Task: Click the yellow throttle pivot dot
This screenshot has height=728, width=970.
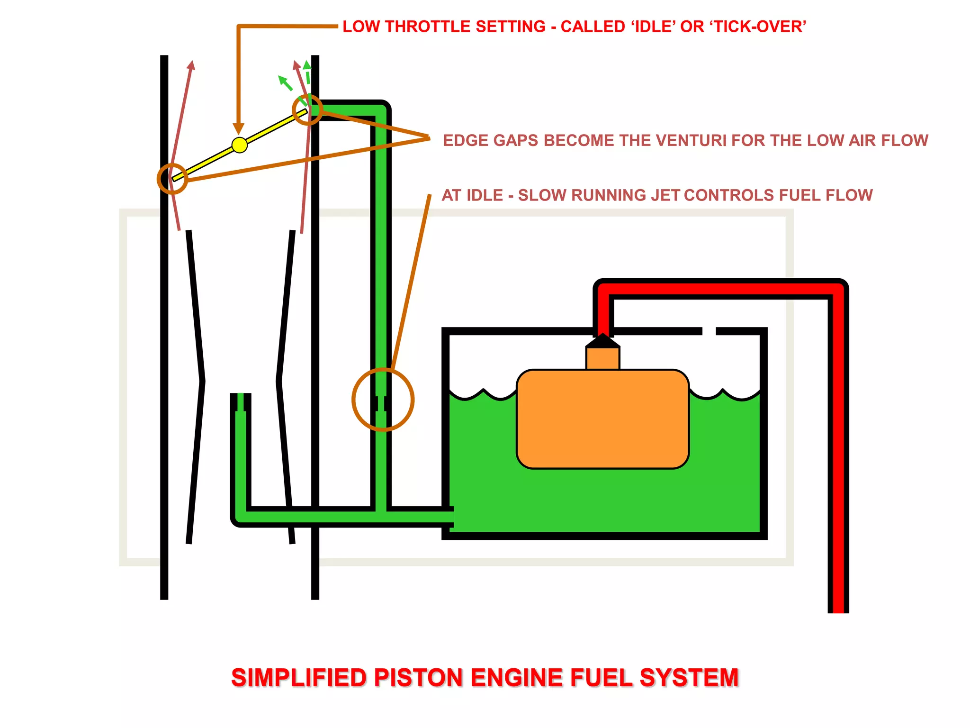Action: [x=240, y=145]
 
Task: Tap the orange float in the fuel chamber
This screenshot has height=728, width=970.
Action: [x=602, y=419]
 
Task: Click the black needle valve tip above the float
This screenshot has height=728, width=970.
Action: [x=602, y=340]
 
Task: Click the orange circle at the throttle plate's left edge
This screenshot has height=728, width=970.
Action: [x=172, y=179]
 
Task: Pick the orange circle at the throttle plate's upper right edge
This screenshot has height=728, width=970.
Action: [x=307, y=109]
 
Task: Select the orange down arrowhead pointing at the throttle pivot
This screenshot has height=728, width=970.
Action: [x=239, y=128]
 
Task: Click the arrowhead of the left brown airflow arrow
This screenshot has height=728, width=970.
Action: [x=191, y=65]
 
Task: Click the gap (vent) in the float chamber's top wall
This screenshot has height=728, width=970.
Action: [x=709, y=331]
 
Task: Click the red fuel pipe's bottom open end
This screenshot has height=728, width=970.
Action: [x=838, y=610]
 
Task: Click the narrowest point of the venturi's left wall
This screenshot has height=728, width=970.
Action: [x=203, y=381]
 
